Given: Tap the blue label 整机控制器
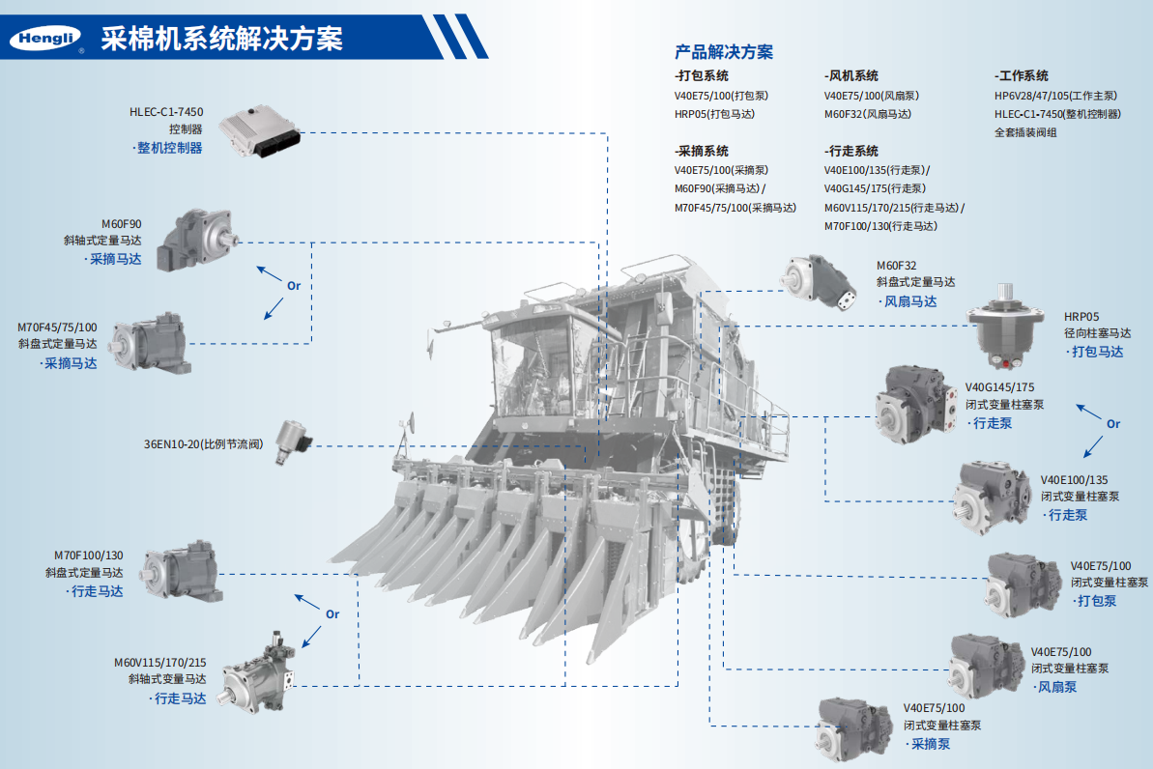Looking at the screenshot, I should tap(169, 148).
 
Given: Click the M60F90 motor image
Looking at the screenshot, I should tap(197, 239).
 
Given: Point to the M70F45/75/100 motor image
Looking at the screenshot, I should tap(151, 342).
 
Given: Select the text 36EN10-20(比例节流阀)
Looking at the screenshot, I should tap(203, 444).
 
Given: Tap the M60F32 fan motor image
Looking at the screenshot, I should tap(820, 282).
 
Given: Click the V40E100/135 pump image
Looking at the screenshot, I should tap(993, 497).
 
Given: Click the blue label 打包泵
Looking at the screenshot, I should tap(1097, 601).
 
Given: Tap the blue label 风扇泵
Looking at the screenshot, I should tap(1057, 687).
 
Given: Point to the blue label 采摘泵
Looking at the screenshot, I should tap(930, 744).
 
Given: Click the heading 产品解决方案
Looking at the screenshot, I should tap(723, 52).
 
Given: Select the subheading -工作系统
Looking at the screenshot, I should tap(1022, 75).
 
